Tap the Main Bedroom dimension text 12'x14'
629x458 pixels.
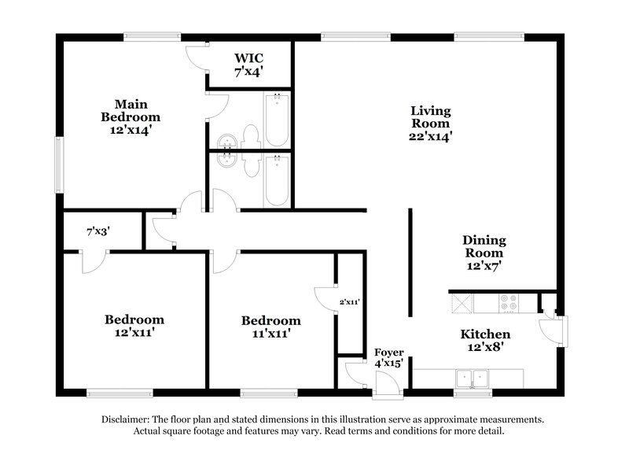pyautogui.click(x=131, y=130)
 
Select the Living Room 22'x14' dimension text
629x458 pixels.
pyautogui.click(x=430, y=136)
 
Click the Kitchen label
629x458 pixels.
pyautogui.click(x=485, y=334)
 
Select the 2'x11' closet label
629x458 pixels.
pyautogui.click(x=349, y=301)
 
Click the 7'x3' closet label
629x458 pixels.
pyautogui.click(x=97, y=231)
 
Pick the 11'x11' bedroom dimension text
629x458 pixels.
pyautogui.click(x=270, y=334)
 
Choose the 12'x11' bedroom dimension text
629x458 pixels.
pyautogui.click(x=134, y=334)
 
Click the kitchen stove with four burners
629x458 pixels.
pyautogui.click(x=507, y=301)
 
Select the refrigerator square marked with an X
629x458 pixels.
pyautogui.click(x=462, y=301)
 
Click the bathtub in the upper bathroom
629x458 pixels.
pyautogui.click(x=277, y=120)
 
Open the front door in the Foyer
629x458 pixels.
pyautogui.click(x=386, y=386)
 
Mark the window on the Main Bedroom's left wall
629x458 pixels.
pyautogui.click(x=58, y=164)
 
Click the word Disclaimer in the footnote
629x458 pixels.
pyautogui.click(x=127, y=419)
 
